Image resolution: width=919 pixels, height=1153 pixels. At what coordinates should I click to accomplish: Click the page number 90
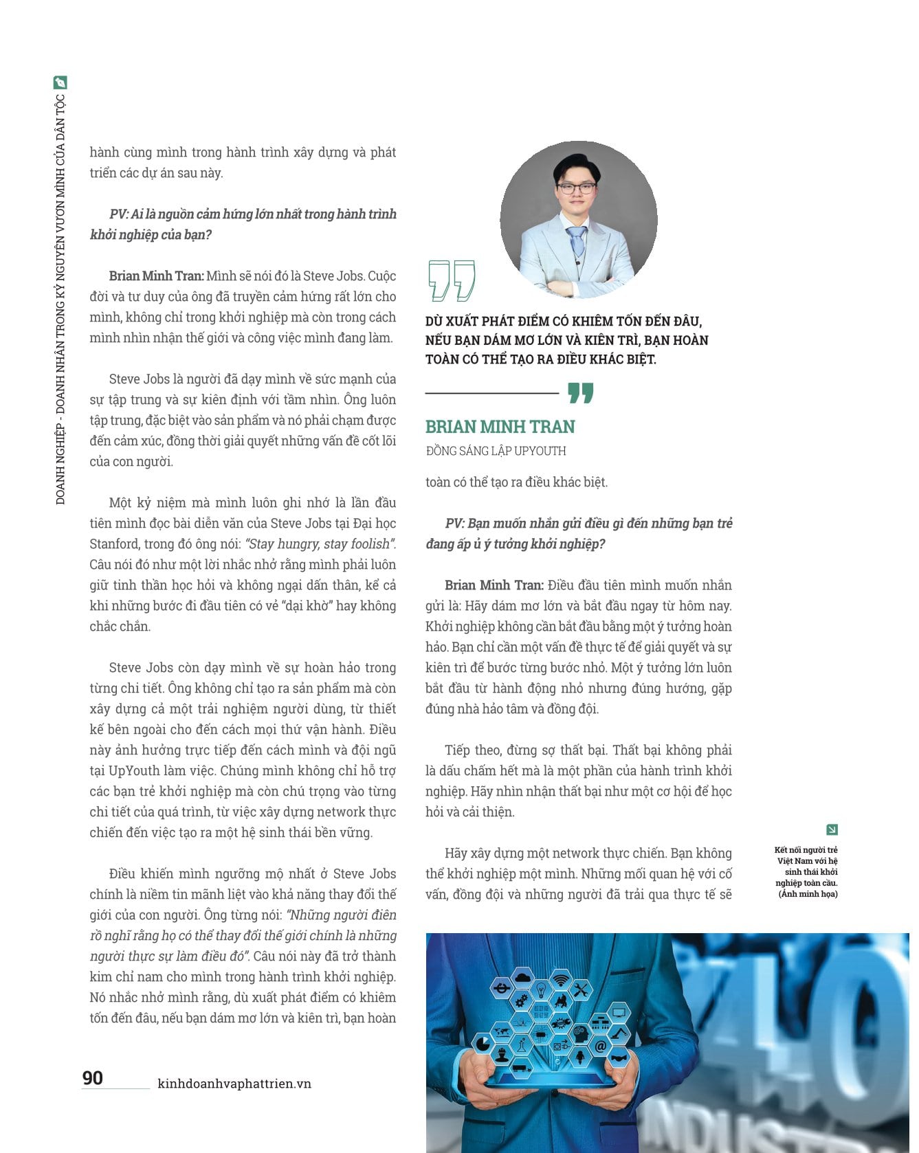[x=93, y=1077]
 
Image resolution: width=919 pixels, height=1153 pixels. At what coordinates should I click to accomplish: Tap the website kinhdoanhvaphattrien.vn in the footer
[x=234, y=1084]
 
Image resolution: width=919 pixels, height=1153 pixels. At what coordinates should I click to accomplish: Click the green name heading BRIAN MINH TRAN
[x=500, y=427]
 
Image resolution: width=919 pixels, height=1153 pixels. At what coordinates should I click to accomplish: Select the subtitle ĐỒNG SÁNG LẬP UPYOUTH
[x=496, y=451]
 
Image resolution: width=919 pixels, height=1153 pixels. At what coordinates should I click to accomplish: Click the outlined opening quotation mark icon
[x=451, y=280]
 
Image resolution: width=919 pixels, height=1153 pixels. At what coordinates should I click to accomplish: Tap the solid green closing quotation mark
[x=580, y=393]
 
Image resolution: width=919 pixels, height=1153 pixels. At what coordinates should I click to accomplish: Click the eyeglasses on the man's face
[x=576, y=188]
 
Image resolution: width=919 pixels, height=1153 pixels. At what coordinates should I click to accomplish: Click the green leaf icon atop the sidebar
[x=60, y=83]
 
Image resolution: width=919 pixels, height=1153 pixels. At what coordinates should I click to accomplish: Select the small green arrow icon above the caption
[x=832, y=829]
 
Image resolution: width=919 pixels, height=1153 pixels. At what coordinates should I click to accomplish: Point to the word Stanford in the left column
[x=114, y=544]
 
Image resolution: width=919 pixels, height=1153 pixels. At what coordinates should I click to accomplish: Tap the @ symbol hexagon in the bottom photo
[x=599, y=1047]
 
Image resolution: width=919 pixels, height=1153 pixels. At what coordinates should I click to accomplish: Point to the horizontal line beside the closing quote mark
[x=491, y=393]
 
